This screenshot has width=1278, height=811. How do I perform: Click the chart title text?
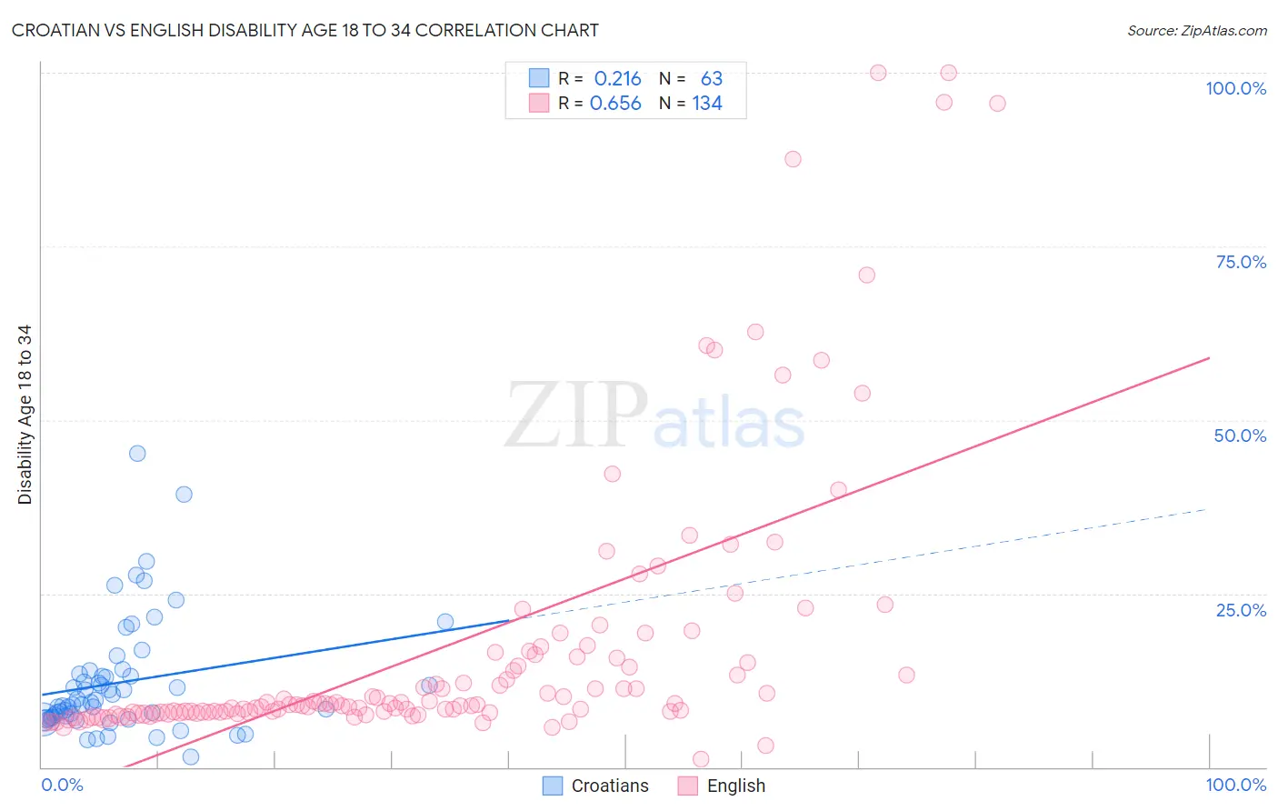click(305, 30)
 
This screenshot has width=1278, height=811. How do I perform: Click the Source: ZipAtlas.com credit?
click(1196, 30)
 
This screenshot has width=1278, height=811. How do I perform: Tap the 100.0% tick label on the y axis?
click(1235, 88)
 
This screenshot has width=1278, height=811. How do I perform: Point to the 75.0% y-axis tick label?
click(1241, 262)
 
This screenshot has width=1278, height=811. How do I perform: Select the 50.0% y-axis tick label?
click(1240, 436)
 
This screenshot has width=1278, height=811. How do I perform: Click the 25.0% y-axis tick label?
click(1241, 609)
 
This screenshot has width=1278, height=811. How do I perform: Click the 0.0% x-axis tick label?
click(62, 785)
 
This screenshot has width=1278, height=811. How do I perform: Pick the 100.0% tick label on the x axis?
click(1235, 785)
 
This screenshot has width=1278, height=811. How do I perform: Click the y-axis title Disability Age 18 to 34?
click(25, 415)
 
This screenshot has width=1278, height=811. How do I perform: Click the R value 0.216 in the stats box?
click(617, 79)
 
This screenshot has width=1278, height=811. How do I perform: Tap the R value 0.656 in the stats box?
click(615, 104)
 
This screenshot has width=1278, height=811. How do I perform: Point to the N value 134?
click(707, 104)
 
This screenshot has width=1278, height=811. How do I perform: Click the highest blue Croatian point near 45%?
click(137, 454)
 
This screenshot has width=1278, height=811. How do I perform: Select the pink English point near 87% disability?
click(793, 159)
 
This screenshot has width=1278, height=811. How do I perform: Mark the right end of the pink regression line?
click(1209, 358)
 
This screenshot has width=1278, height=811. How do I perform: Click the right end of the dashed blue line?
click(1207, 509)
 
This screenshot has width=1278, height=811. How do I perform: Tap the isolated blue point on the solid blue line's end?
click(445, 622)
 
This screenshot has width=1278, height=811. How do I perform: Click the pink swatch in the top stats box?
click(539, 104)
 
